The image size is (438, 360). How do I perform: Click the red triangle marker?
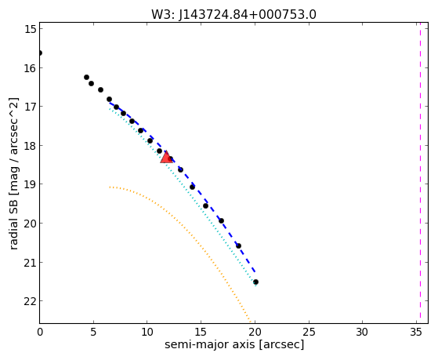coord(166,157)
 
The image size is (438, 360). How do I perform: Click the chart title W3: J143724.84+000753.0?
coord(233,14)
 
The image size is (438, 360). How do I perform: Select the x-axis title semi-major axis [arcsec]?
coord(234,344)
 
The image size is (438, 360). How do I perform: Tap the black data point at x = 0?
coord(40,53)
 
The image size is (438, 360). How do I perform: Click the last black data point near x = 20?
coord(255,282)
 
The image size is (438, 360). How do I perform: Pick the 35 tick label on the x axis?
coord(416,333)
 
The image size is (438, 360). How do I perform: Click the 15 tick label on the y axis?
coord(31,29)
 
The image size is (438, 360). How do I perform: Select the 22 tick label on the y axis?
coord(31,301)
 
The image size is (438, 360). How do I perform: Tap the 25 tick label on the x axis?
coord(309,333)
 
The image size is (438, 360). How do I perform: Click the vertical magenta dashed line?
coord(420,173)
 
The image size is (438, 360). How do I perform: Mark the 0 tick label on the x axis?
coord(40,333)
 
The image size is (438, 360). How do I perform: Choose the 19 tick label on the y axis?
coord(31,184)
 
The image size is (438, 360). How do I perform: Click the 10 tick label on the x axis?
coord(147,333)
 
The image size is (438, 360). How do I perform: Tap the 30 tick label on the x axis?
coord(362,333)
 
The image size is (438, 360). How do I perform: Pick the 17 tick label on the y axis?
coord(31,107)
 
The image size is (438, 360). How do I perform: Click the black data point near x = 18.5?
coord(238,245)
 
